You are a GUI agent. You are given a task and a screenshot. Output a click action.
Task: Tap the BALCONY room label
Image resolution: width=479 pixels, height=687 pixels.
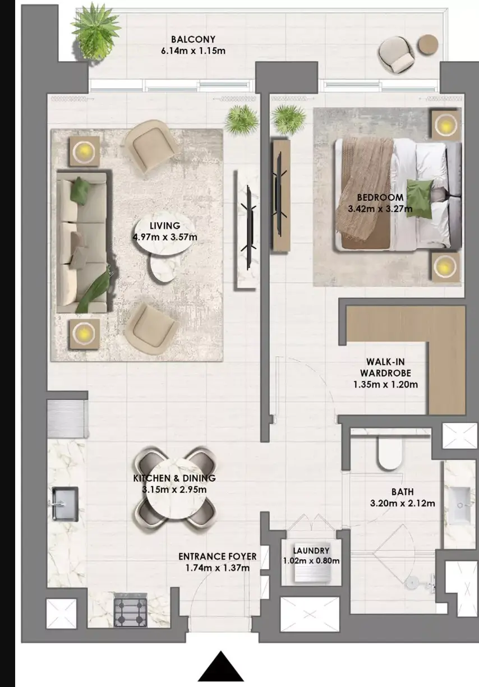[193, 39]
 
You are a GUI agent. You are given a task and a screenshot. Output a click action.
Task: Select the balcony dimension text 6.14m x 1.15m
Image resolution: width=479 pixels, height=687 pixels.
[193, 50]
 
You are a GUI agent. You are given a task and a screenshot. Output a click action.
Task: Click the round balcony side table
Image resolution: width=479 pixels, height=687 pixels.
[428, 45]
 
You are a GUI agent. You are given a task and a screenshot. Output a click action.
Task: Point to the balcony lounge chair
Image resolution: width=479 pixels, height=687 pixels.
[397, 55]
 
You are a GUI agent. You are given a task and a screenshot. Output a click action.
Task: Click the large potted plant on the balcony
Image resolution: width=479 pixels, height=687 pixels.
[96, 30]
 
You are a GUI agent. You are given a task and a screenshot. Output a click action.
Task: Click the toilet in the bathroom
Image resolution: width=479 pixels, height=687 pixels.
[390, 453]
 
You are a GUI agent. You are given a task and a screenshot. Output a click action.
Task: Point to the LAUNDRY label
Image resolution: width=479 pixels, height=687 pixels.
[311, 551]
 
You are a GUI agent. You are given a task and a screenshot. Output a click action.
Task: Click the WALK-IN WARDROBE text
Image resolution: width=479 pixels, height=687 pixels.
[385, 367]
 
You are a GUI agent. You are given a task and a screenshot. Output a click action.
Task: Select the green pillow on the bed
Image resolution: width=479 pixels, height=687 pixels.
[419, 199]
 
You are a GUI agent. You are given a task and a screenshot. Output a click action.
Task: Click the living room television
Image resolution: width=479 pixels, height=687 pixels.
[248, 227]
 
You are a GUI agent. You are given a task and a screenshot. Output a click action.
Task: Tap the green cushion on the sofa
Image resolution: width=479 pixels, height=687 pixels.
[81, 191]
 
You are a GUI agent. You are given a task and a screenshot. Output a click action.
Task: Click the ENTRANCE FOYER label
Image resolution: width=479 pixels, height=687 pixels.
[218, 556]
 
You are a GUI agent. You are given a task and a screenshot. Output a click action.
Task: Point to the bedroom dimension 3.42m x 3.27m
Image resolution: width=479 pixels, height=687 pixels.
[380, 209]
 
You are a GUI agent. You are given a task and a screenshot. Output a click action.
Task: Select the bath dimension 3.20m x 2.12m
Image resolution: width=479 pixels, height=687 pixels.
[402, 503]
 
